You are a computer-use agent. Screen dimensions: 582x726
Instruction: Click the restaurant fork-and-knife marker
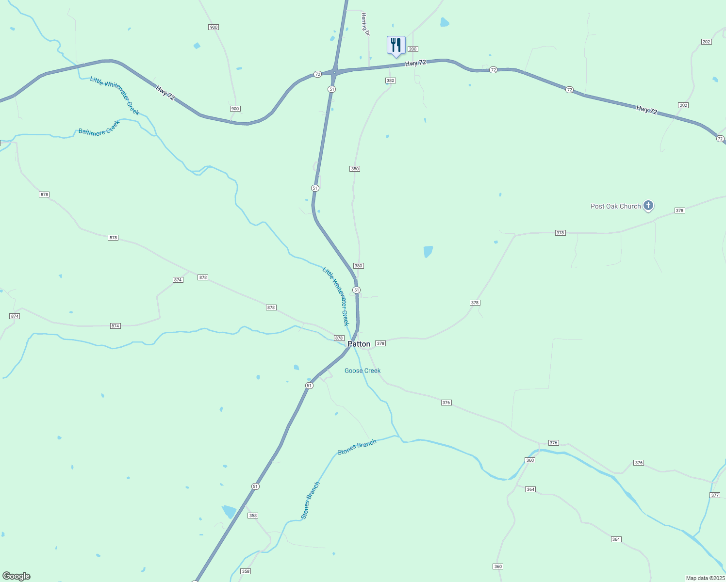(x=396, y=46)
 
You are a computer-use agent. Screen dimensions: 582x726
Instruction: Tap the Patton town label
(x=359, y=344)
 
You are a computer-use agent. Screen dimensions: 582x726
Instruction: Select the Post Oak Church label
(x=615, y=206)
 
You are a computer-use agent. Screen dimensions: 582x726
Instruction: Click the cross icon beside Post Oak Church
(x=648, y=205)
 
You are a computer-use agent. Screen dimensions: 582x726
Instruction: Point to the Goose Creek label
(x=363, y=371)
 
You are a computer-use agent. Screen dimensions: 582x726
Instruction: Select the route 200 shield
(x=412, y=49)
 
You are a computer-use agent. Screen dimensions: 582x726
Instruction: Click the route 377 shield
(x=714, y=495)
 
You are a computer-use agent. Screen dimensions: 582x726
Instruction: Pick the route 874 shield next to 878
(x=178, y=280)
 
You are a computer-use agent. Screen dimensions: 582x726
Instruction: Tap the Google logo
(x=16, y=576)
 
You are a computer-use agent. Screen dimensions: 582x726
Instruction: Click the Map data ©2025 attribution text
(x=705, y=578)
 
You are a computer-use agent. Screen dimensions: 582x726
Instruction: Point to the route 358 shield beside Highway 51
(x=253, y=516)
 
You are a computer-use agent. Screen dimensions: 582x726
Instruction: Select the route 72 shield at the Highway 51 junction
(x=317, y=74)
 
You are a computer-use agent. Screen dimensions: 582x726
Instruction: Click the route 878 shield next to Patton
(x=339, y=338)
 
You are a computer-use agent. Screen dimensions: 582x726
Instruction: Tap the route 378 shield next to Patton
(x=380, y=343)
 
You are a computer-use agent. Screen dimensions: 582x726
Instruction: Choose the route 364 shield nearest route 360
(x=530, y=489)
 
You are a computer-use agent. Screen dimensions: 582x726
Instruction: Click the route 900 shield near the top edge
(x=214, y=27)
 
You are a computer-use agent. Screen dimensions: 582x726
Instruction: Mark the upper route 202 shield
(x=706, y=42)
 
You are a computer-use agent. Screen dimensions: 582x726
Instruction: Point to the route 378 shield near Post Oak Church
(x=679, y=210)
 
